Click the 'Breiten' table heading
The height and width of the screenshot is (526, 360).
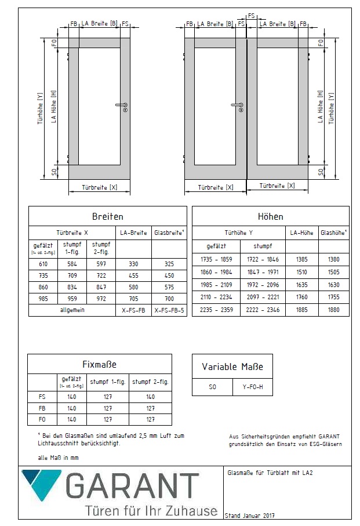pos(108,216)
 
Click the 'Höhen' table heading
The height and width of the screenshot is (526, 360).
pos(270,216)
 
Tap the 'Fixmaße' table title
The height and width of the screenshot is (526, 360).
pos(100,364)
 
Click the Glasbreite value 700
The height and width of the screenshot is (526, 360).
pos(169,298)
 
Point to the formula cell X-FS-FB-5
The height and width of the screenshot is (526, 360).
pos(169,310)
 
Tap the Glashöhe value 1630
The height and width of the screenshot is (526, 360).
pos(333,285)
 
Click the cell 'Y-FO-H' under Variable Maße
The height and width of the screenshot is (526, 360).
pos(252,387)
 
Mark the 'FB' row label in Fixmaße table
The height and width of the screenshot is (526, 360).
pos(41,408)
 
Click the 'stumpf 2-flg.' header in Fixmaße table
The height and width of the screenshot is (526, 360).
pos(150,382)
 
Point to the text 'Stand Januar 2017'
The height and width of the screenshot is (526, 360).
pos(249,516)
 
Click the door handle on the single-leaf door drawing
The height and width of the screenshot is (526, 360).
pos(122,106)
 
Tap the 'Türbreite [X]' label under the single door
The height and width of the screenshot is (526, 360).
pos(99,188)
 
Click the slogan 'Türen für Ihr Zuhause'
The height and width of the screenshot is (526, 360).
pos(151,511)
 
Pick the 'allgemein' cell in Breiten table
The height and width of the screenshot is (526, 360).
pos(72,310)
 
